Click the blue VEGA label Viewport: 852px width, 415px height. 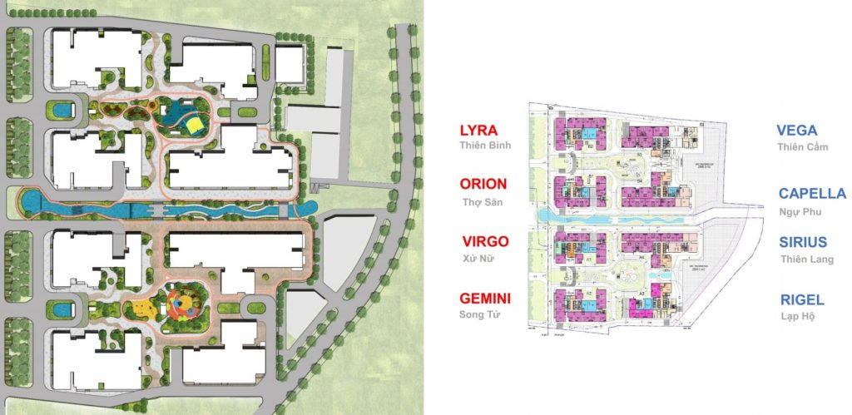pos(796,131)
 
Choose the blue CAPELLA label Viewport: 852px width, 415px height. pos(812,194)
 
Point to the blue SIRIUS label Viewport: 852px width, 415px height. pos(803,242)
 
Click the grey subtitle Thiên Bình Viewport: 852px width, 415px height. pos(485,146)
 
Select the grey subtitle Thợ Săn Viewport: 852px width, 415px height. pos(483,202)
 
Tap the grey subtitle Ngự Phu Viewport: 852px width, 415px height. pos(799,211)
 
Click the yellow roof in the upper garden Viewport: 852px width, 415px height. pos(194,126)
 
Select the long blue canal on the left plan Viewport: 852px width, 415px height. pos(166,206)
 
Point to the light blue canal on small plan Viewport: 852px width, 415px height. pos(616,216)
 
